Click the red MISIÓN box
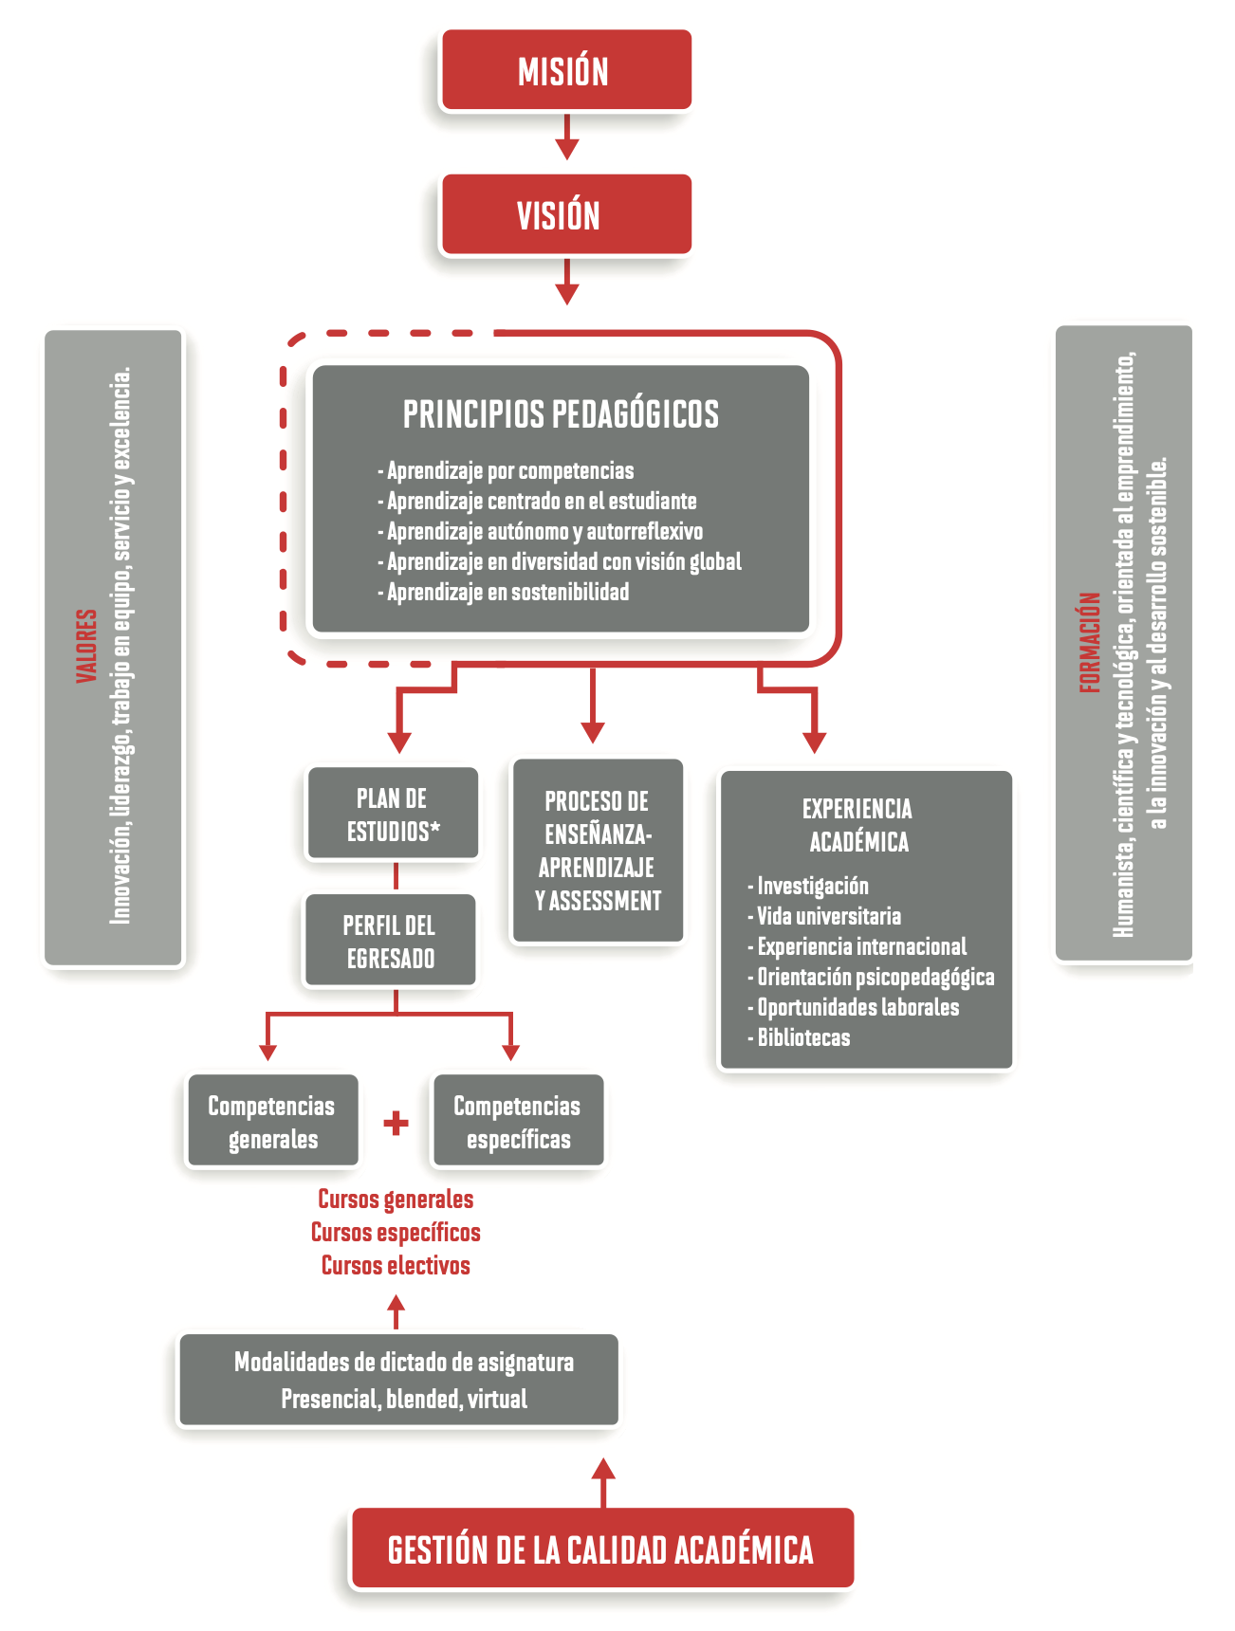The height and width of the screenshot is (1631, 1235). click(566, 70)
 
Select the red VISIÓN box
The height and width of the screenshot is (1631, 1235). click(566, 214)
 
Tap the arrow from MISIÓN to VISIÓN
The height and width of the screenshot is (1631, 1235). click(566, 138)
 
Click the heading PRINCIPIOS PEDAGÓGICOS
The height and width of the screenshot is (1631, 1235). click(561, 414)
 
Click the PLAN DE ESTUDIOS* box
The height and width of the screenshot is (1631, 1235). click(393, 815)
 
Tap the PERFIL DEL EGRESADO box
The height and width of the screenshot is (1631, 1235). click(390, 942)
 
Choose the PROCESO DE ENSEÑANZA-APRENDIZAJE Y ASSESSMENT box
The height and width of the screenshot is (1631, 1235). click(598, 851)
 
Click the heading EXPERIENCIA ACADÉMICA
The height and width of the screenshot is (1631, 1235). click(858, 825)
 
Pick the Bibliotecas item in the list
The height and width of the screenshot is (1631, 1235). click(802, 1037)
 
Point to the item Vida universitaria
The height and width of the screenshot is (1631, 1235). click(828, 916)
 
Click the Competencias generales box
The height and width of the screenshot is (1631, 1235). click(272, 1122)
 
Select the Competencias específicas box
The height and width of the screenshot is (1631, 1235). click(518, 1122)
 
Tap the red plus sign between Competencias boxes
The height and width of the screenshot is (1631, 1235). click(396, 1123)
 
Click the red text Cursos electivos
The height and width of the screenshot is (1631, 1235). click(396, 1265)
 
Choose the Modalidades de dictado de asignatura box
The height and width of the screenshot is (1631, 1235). click(399, 1380)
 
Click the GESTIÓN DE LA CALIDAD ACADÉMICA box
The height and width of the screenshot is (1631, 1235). click(601, 1549)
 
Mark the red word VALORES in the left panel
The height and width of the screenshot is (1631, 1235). click(87, 645)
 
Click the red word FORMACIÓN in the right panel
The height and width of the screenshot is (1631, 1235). click(1091, 642)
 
